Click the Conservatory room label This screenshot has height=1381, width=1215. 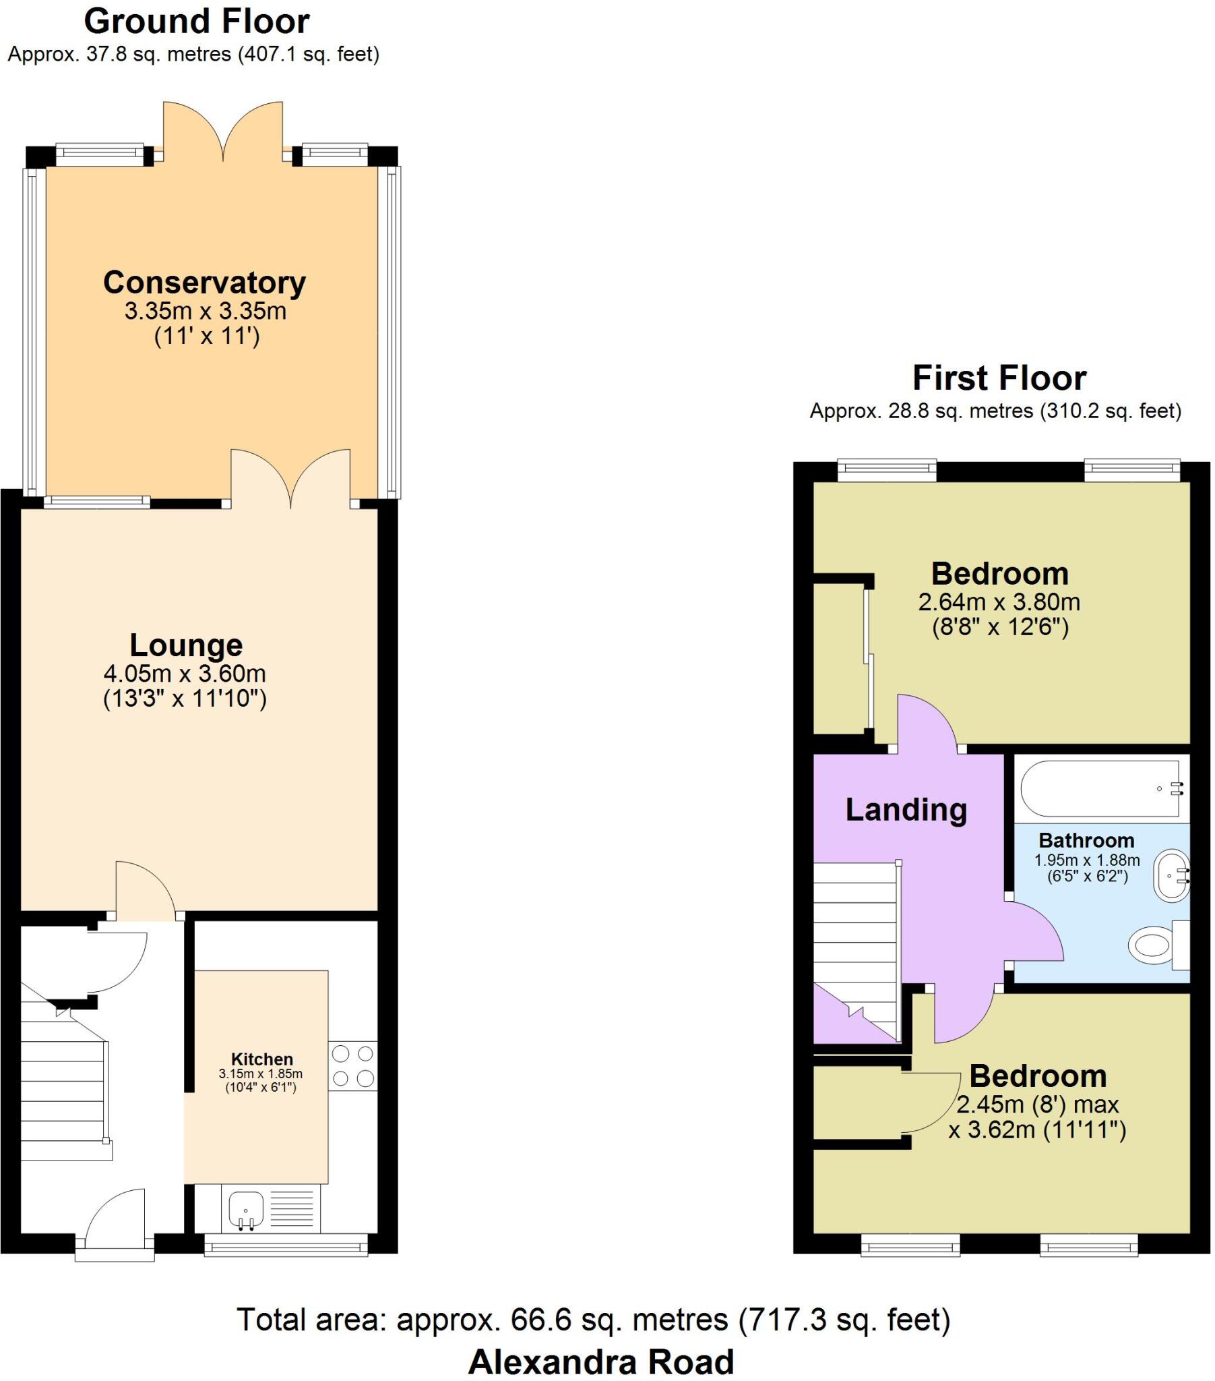point(204,283)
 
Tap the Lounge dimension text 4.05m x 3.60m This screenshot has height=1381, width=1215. point(185,674)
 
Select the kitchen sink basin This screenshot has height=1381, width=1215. point(246,1207)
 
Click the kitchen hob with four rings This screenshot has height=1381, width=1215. point(352,1065)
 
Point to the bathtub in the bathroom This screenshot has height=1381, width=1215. point(1100,788)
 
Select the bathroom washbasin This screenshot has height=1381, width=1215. point(1171,877)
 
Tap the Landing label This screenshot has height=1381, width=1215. point(906,809)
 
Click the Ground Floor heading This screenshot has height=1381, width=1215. point(197,22)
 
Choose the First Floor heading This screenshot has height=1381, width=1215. point(999,378)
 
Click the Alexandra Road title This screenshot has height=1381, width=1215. point(600,1362)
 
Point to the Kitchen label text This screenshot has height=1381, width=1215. point(262,1059)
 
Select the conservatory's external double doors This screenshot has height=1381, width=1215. point(223,131)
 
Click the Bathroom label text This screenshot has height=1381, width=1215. point(1086,840)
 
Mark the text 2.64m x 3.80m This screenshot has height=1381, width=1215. point(999,602)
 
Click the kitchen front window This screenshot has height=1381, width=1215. point(286,1245)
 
